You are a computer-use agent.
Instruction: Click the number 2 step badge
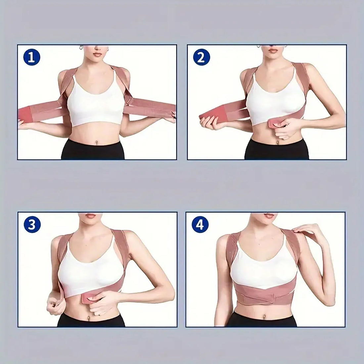click(201, 58)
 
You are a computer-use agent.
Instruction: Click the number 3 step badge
click(32, 226)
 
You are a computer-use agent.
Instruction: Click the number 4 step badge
click(200, 225)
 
